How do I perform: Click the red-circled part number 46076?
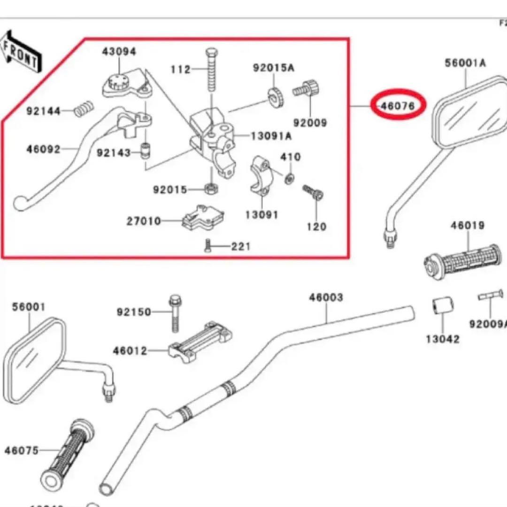coord(398,106)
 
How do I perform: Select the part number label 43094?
coord(119,51)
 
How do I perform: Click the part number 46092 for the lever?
coord(43,150)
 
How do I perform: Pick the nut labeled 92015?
coord(211,189)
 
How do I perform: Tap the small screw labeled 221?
coord(208,246)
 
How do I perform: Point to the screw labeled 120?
coord(313,192)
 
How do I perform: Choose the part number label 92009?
coord(310,123)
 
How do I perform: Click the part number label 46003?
coord(326,297)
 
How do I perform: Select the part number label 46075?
coord(22,450)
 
